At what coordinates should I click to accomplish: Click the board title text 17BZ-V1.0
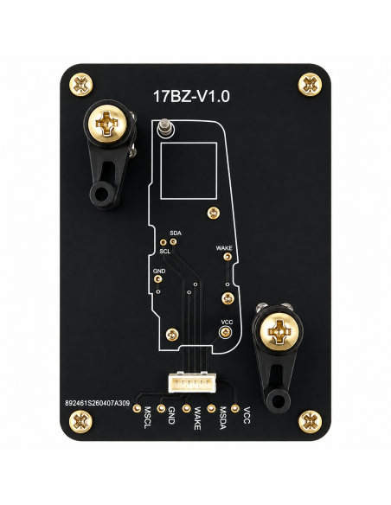[191, 96]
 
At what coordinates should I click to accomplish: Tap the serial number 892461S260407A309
[97, 403]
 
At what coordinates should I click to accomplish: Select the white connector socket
[192, 382]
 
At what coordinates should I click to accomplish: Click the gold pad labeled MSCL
[137, 408]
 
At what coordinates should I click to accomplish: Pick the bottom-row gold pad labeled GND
[161, 408]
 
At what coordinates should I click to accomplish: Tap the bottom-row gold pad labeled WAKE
[187, 408]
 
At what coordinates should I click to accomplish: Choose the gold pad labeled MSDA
[211, 408]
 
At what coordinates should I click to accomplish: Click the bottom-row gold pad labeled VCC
[235, 408]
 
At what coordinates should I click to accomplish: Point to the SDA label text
[176, 233]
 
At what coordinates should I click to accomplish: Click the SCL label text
[165, 252]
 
